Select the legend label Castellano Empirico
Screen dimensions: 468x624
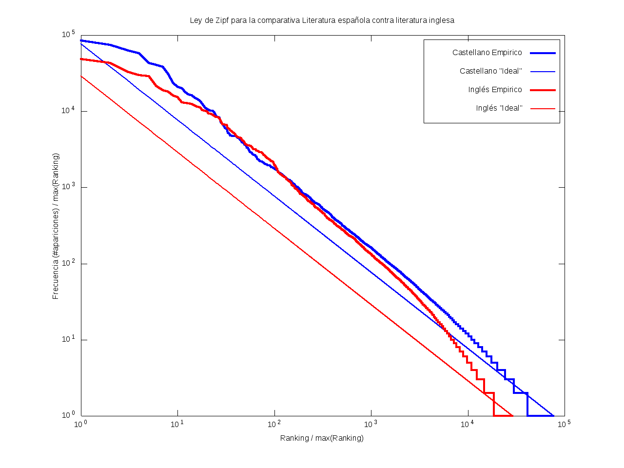pyautogui.click(x=487, y=53)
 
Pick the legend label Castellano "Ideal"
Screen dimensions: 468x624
pyautogui.click(x=490, y=71)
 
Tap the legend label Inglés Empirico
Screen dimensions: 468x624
pyautogui.click(x=495, y=90)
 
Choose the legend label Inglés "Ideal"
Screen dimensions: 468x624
pyautogui.click(x=499, y=108)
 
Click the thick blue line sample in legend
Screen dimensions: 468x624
pyautogui.click(x=543, y=53)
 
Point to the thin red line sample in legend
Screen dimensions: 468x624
pyautogui.click(x=543, y=108)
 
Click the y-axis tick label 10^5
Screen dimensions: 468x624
pyautogui.click(x=68, y=35)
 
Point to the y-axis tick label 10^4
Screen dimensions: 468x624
pyautogui.click(x=68, y=111)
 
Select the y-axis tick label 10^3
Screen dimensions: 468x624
pyautogui.click(x=68, y=187)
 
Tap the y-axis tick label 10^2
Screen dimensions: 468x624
pyautogui.click(x=68, y=263)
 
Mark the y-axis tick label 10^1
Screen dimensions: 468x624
pyautogui.click(x=68, y=339)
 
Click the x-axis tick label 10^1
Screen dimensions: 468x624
pyautogui.click(x=177, y=424)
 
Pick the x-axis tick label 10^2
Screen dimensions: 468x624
pyautogui.click(x=274, y=424)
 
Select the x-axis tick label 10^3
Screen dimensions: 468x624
pyautogui.click(x=371, y=424)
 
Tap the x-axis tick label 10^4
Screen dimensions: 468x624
pyautogui.click(x=468, y=424)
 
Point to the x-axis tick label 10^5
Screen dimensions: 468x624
pyautogui.click(x=565, y=424)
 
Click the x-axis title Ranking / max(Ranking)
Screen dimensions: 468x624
pyautogui.click(x=322, y=438)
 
